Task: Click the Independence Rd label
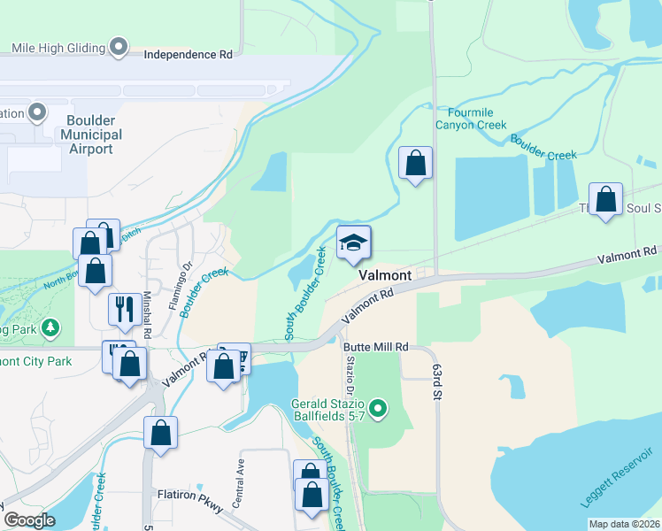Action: [x=189, y=54]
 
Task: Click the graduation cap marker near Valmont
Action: [x=353, y=244]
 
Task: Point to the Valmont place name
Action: [x=384, y=276]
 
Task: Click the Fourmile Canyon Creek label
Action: [x=470, y=119]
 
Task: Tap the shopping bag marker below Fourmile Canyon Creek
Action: [x=415, y=164]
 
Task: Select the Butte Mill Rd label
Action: [x=375, y=348]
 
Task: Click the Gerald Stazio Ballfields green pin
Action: [x=379, y=408]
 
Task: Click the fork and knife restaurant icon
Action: [x=121, y=309]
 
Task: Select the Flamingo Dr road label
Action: [x=187, y=270]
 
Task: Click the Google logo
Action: [x=30, y=520]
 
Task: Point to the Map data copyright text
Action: [x=624, y=524]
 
